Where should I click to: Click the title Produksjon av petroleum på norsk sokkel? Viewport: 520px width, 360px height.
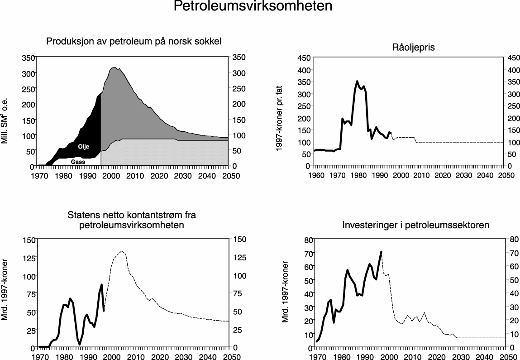(x=134, y=42)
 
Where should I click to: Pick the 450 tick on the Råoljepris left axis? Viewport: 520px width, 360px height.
(x=304, y=58)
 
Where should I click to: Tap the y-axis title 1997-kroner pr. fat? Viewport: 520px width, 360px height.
(x=279, y=112)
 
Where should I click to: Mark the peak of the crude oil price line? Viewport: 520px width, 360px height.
(x=357, y=82)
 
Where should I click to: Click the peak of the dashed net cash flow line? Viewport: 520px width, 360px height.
(x=121, y=251)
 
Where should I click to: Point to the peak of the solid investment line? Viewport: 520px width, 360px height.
(x=381, y=252)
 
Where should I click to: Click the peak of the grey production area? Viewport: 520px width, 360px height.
(x=114, y=67)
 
